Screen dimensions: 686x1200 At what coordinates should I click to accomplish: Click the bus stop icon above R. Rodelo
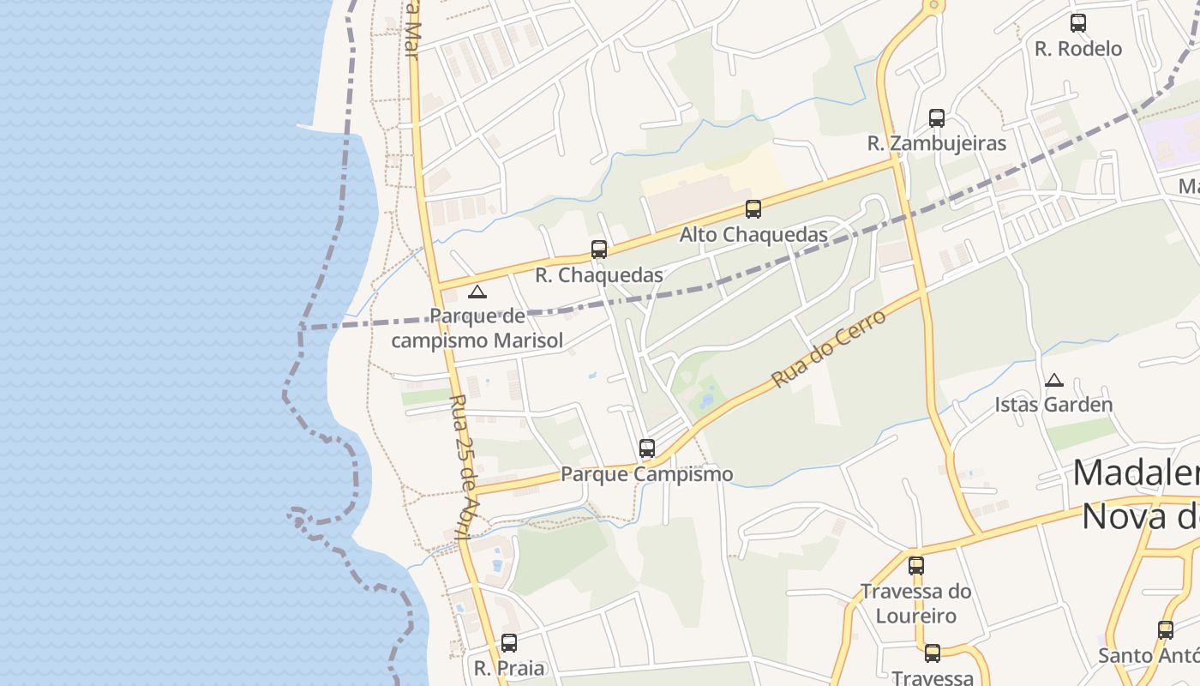coord(1078,23)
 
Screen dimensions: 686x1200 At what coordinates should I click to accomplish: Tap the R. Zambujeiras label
coord(936,143)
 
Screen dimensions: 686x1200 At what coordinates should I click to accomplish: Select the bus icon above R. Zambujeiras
coord(937,118)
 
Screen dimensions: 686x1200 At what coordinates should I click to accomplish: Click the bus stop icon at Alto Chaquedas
coord(753,209)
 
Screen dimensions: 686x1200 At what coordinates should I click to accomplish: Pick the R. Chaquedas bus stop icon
coord(599,250)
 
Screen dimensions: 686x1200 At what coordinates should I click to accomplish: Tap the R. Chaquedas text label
coord(599,275)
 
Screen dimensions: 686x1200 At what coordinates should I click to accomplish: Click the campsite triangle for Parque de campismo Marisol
coord(477,292)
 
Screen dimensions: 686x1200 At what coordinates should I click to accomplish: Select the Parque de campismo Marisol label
coord(477,328)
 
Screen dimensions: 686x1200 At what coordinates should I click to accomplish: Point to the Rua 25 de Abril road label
coord(462,467)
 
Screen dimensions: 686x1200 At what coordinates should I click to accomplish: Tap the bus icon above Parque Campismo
coord(647,448)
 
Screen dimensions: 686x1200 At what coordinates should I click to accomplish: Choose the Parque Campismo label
coord(647,474)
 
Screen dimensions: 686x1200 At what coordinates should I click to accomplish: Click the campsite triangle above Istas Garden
coord(1054,380)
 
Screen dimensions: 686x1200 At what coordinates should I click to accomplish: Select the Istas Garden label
coord(1053,405)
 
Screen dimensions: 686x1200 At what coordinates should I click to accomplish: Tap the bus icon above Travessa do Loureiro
coord(916,566)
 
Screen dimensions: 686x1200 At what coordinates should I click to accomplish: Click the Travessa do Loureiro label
coord(916,604)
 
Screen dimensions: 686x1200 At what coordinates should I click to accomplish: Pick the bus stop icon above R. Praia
coord(509,643)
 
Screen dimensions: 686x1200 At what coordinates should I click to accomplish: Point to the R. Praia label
coord(509,668)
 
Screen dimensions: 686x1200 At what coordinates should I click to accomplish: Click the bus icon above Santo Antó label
coord(1166,630)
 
